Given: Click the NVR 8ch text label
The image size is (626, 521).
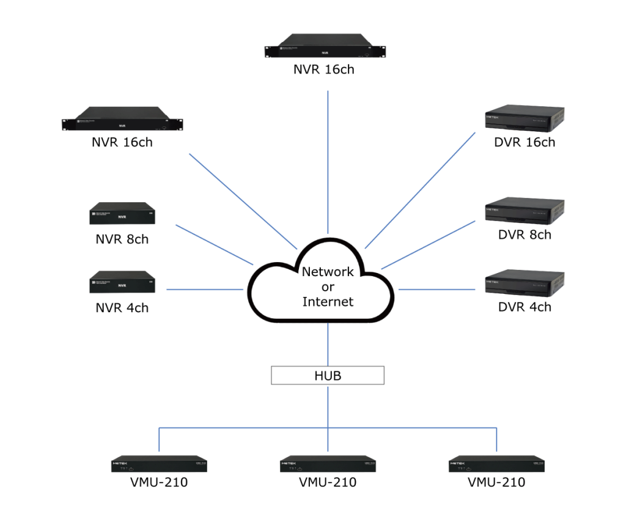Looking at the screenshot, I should click(122, 239).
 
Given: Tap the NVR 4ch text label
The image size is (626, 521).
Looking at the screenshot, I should click(122, 307).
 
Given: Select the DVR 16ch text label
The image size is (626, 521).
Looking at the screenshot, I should click(525, 142).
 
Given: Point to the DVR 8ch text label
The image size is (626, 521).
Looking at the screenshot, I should click(525, 235).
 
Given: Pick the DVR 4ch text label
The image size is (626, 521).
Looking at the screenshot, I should click(525, 307).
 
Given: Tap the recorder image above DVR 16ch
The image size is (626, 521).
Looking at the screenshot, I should click(525, 119).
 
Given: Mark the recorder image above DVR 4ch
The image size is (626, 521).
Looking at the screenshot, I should click(525, 283).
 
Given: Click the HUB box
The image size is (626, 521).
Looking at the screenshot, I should click(327, 376).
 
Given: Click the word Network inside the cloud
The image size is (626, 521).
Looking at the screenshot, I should click(328, 272).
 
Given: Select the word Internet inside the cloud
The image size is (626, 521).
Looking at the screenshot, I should click(328, 301).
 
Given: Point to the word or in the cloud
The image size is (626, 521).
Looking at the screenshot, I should click(328, 286).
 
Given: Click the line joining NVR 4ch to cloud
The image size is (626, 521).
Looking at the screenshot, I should click(205, 290).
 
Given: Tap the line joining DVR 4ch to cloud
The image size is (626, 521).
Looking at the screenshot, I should click(436, 290).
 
